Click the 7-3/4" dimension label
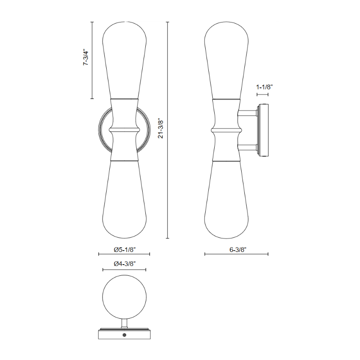(86, 57)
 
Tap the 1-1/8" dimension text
(264, 87)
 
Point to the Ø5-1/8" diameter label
(125, 250)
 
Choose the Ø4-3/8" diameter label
(125, 264)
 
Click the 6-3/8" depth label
(238, 250)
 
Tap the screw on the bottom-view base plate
(125, 335)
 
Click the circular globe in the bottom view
(125, 297)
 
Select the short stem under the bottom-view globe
(125, 324)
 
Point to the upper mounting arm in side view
(247, 113)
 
